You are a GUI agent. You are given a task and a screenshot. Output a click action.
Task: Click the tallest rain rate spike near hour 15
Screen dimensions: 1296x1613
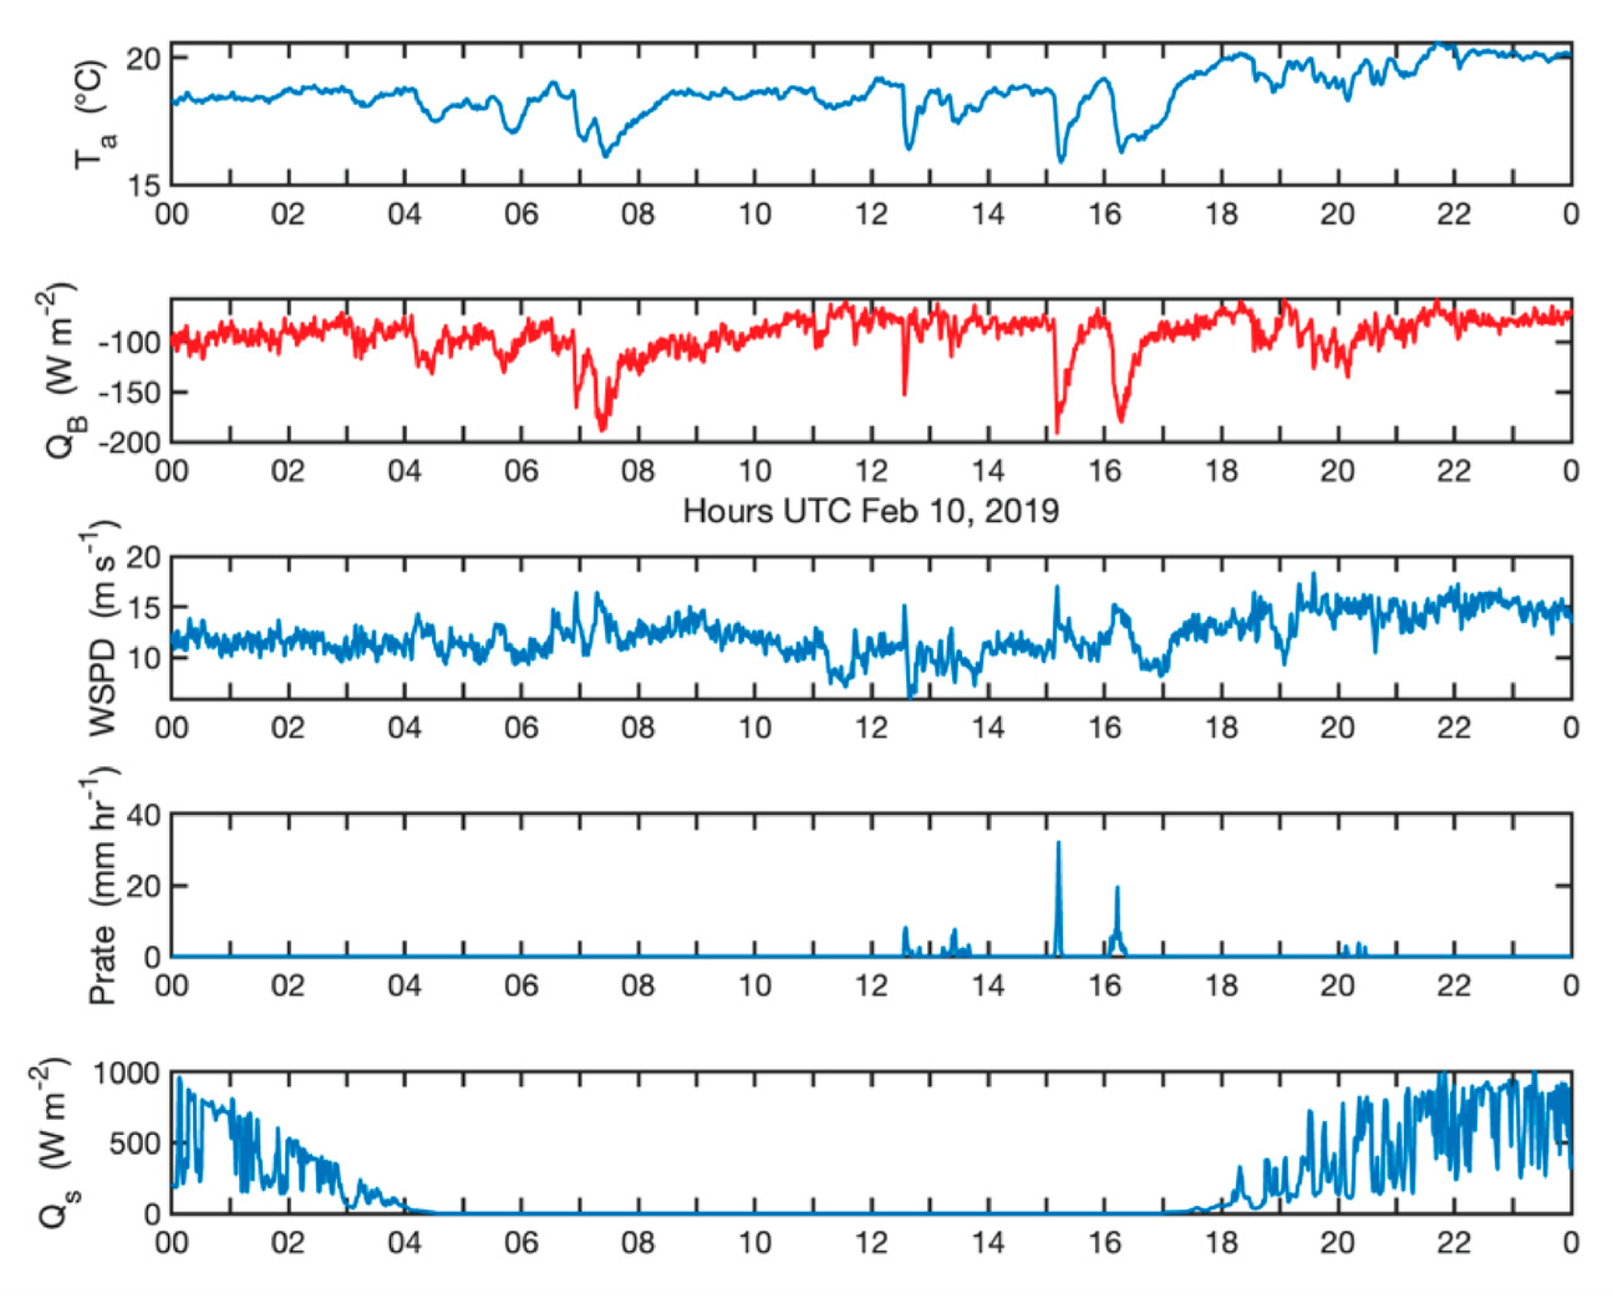click(1058, 843)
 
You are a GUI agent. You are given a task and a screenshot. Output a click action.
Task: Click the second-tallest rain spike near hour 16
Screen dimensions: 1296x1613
click(1117, 888)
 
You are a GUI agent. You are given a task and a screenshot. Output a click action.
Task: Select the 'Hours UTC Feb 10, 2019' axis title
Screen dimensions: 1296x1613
click(871, 512)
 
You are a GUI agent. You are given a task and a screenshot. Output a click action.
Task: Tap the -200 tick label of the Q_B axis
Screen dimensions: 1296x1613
click(129, 442)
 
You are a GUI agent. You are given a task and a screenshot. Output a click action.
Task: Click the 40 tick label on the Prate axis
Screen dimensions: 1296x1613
click(143, 815)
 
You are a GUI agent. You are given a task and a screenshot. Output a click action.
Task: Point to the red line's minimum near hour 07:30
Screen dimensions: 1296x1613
click(602, 429)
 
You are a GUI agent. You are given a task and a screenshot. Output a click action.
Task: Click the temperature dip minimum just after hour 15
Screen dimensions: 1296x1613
click(1061, 159)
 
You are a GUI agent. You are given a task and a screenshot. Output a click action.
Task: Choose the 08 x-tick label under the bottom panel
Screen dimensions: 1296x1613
click(637, 1243)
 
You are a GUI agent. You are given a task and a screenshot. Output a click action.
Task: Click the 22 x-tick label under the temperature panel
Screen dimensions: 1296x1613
click(1454, 215)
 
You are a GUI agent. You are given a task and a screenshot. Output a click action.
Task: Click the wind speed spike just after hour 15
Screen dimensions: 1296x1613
click(1057, 588)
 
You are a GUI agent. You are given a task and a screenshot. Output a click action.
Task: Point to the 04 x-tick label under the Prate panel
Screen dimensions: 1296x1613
click(404, 985)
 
